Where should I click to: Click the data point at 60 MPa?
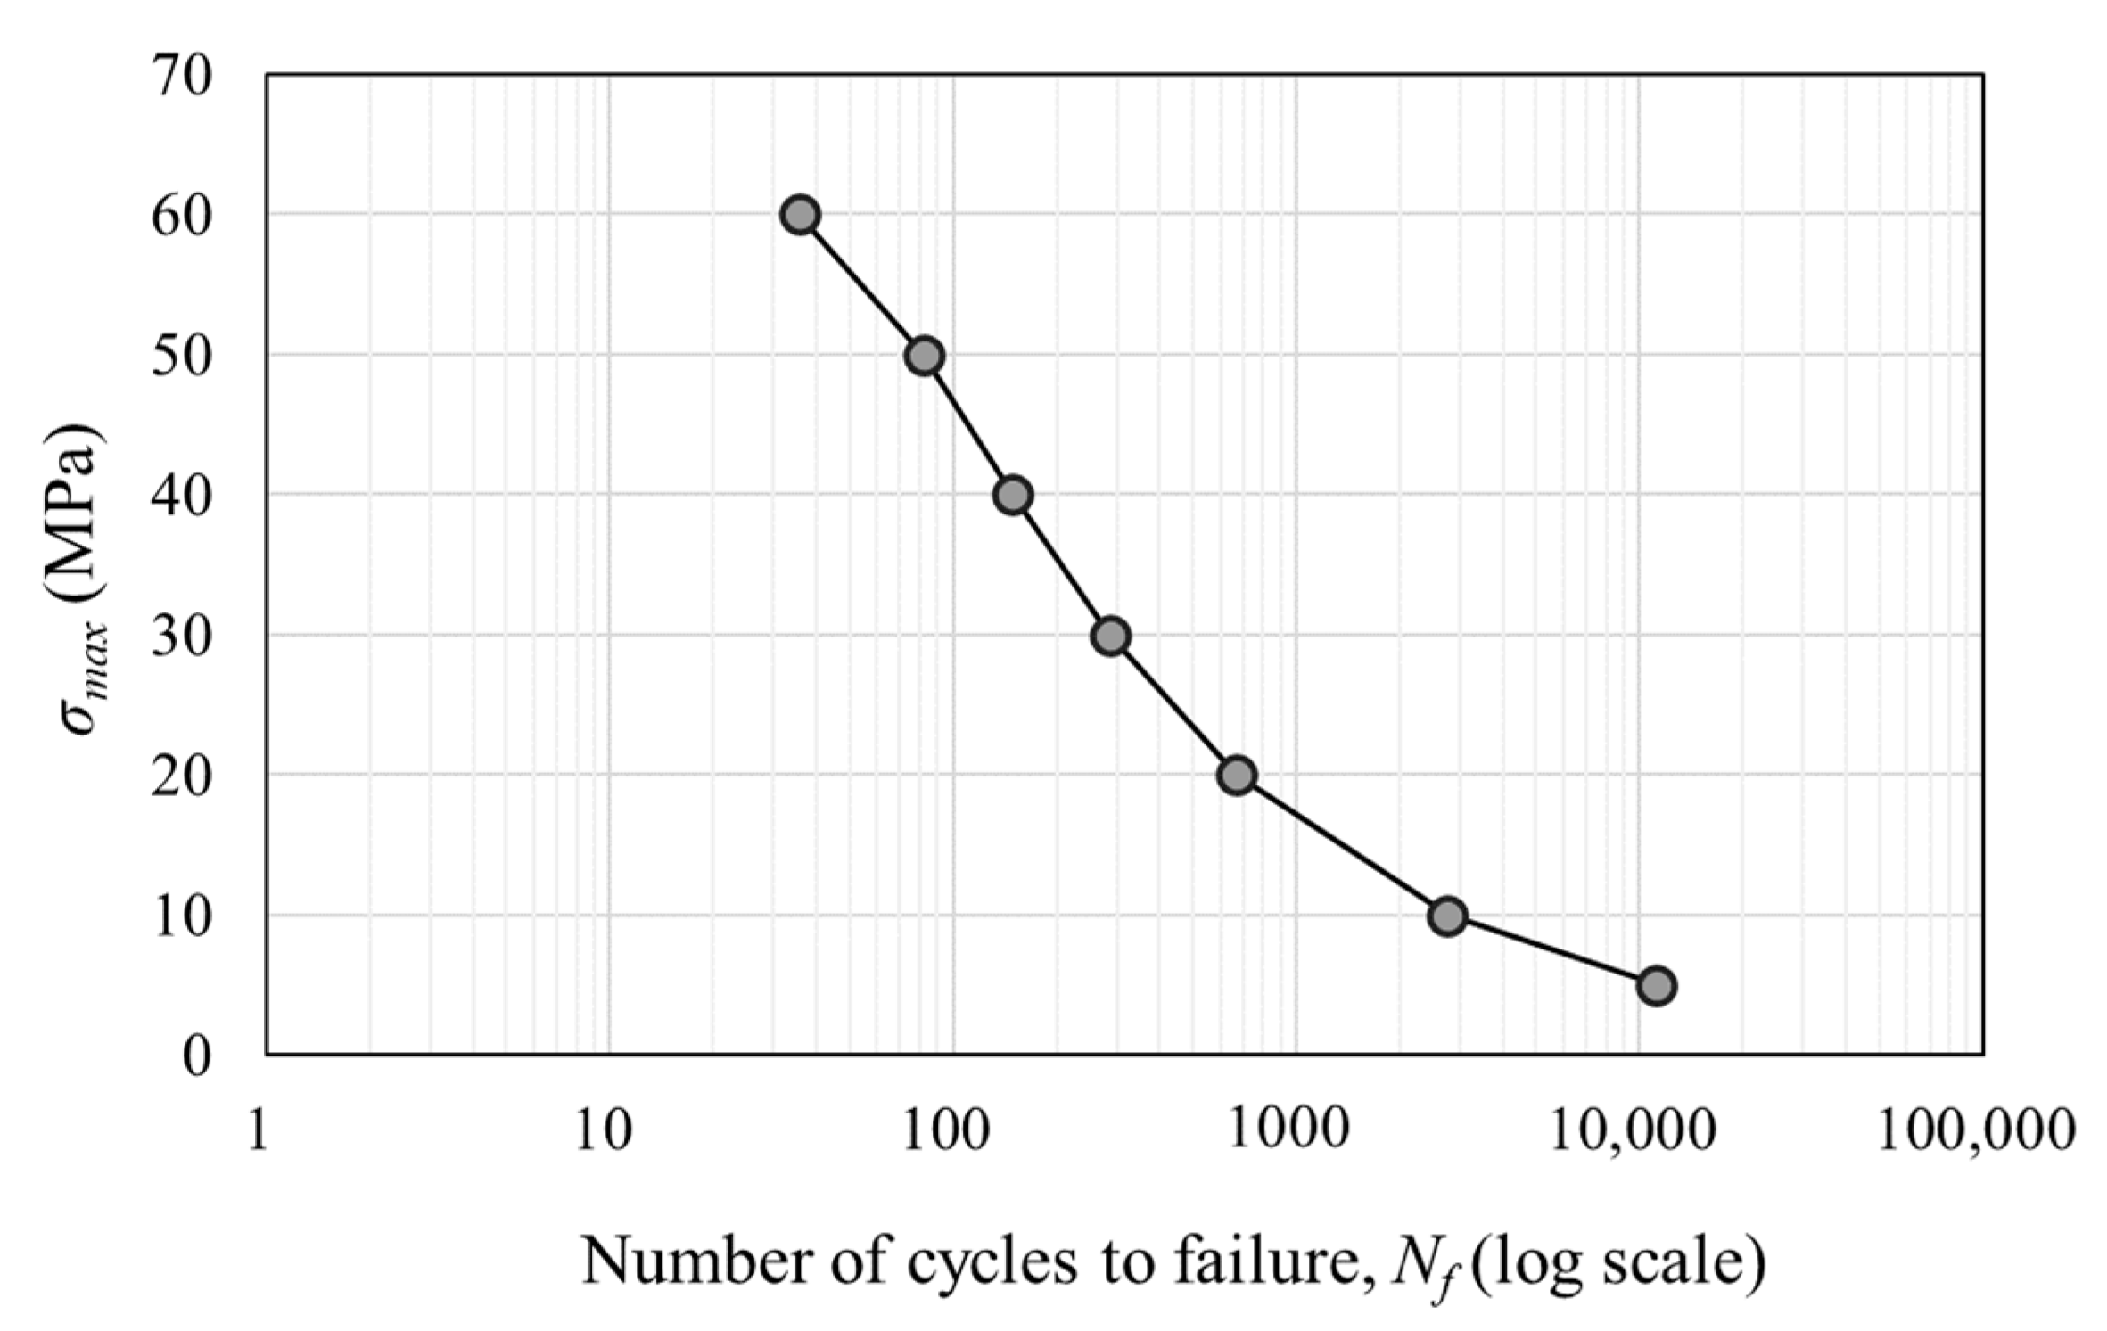800,215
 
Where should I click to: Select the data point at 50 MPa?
924,357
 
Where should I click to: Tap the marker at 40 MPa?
1013,495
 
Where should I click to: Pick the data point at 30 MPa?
1111,637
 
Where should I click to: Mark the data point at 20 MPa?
1237,776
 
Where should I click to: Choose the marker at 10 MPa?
1447,916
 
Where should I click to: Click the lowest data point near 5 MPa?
1657,986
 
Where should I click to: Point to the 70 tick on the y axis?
182,76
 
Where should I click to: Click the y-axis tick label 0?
197,1057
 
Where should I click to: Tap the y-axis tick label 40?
182,496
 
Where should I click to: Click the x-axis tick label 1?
259,1130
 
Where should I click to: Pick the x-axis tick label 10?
603,1130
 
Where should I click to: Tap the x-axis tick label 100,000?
1976,1130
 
